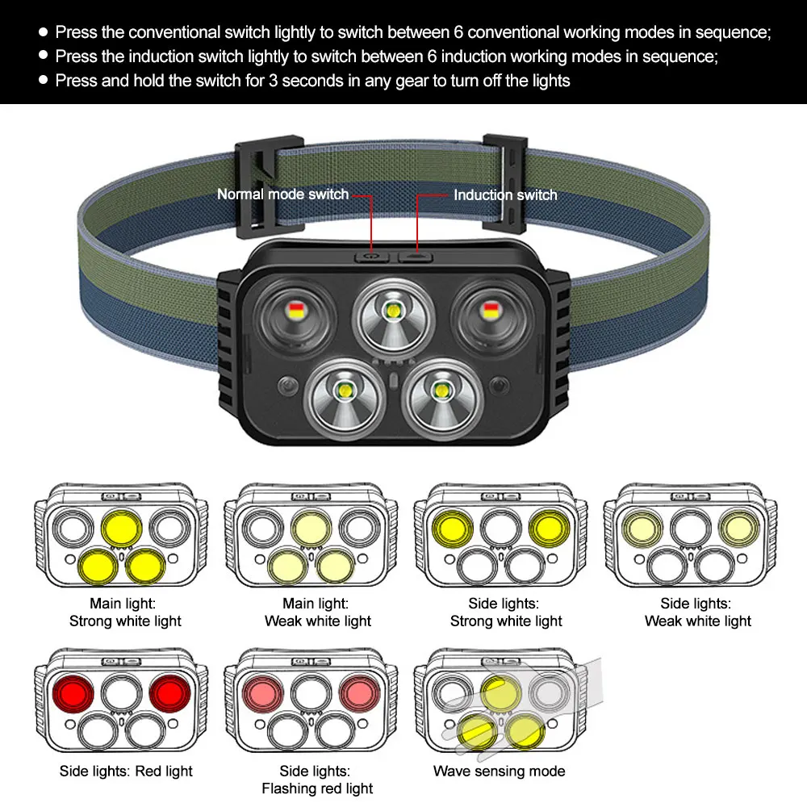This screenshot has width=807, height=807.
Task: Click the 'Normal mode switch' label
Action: point(282,194)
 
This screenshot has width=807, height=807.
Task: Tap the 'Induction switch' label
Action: point(505,194)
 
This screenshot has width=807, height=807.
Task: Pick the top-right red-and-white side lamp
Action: point(489,308)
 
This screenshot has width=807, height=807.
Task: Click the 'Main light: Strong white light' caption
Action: point(125,612)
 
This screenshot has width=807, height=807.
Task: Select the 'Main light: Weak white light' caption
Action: point(317,612)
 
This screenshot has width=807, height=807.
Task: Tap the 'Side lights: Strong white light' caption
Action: point(507,612)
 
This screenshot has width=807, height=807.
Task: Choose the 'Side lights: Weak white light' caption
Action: point(697,612)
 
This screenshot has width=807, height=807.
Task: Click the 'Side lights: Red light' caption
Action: point(126,771)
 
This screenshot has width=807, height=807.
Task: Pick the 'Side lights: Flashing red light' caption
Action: point(317,780)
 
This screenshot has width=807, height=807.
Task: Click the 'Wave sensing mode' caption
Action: point(499,771)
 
